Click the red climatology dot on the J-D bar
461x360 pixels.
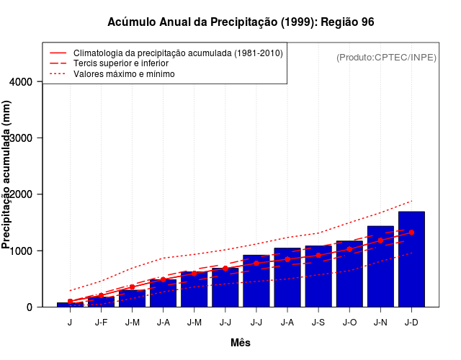pos(411,233)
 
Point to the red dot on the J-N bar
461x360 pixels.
pos(380,240)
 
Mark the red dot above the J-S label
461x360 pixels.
pos(318,255)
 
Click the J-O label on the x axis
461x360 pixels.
pos(349,322)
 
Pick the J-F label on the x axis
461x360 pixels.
pos(101,322)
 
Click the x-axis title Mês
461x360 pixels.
pos(241,343)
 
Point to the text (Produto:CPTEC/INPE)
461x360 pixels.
pos(386,57)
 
